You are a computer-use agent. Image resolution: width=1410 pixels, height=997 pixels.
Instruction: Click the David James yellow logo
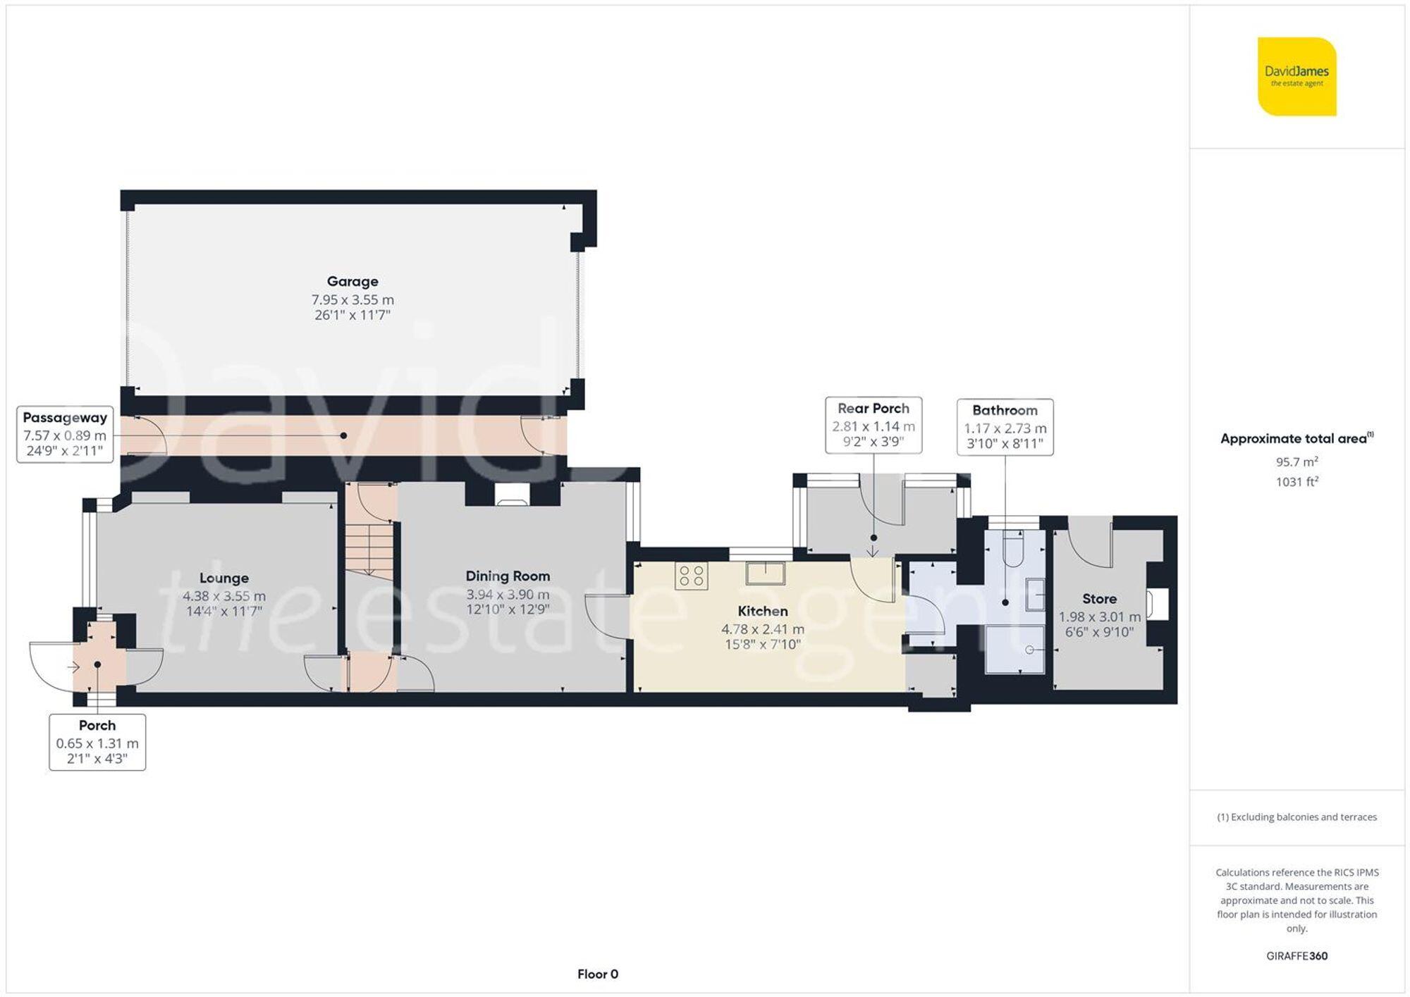pyautogui.click(x=1296, y=76)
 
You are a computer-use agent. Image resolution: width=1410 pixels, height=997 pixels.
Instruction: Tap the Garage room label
pyautogui.click(x=352, y=281)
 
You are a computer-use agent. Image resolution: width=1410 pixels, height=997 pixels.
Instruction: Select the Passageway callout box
pyautogui.click(x=65, y=434)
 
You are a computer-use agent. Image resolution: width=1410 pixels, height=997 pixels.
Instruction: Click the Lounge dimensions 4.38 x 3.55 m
pyautogui.click(x=224, y=595)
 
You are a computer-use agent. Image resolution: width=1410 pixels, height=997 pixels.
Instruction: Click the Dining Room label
pyautogui.click(x=508, y=576)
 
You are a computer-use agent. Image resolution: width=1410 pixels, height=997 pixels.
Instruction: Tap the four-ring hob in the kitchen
pyautogui.click(x=691, y=576)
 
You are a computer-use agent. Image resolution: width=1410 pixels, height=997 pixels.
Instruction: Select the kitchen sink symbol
pyautogui.click(x=765, y=573)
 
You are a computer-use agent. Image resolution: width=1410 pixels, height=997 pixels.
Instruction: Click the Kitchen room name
pyautogui.click(x=762, y=611)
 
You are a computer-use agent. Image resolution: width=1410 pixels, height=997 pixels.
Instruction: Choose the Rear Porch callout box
pyautogui.click(x=873, y=425)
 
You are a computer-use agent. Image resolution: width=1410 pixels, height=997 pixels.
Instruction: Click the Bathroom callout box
pyautogui.click(x=1005, y=427)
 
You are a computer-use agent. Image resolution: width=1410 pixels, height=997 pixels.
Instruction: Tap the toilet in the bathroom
pyautogui.click(x=1012, y=550)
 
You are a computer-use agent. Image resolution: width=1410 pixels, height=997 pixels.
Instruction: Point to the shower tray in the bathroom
pyautogui.click(x=1014, y=648)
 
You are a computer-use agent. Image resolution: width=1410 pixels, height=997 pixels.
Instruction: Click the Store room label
pyautogui.click(x=1099, y=598)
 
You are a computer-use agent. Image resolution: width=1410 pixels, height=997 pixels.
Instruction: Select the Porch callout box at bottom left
pyautogui.click(x=97, y=741)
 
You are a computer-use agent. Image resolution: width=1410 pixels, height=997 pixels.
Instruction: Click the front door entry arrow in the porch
pyautogui.click(x=73, y=667)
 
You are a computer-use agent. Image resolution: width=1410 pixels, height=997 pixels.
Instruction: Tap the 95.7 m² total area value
pyautogui.click(x=1296, y=462)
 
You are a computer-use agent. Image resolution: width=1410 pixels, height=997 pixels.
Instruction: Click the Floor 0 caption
pyautogui.click(x=597, y=974)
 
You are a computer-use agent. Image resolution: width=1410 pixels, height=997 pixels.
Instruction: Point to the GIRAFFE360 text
pyautogui.click(x=1296, y=955)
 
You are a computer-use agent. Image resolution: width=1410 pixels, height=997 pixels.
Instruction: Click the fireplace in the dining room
pyautogui.click(x=512, y=495)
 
